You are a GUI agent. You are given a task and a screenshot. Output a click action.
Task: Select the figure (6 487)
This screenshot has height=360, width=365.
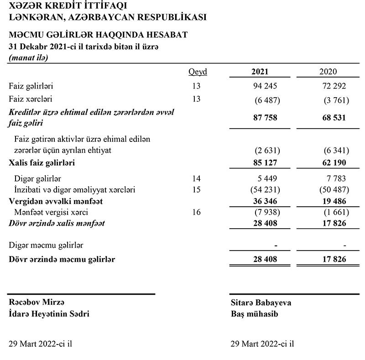tap(267, 100)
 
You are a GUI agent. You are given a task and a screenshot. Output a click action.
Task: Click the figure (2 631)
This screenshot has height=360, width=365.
tap(267, 151)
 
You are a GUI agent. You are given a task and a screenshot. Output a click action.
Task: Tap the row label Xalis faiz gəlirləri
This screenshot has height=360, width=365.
tap(42, 162)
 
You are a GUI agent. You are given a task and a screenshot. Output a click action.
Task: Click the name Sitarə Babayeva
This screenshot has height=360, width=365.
tap(261, 303)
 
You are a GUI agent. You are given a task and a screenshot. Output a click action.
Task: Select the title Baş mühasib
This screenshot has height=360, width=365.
tap(253, 314)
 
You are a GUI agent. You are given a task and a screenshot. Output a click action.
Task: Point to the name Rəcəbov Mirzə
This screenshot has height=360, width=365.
tap(37, 303)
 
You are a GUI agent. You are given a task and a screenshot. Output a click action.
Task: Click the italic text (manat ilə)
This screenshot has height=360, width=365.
tap(28, 57)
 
